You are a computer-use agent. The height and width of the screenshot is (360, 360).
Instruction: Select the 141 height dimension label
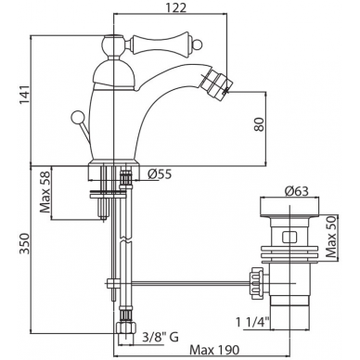tap(25, 95)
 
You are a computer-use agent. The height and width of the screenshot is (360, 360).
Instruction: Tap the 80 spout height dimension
tap(259, 124)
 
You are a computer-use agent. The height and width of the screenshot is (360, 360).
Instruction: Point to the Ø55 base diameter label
tap(160, 174)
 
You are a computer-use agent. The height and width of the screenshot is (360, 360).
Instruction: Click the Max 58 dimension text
tap(45, 192)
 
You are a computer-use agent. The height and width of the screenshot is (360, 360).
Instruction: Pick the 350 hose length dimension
tap(25, 243)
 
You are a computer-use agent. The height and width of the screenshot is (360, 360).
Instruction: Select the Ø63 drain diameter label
tap(296, 191)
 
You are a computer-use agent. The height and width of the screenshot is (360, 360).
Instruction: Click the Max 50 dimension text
tap(331, 238)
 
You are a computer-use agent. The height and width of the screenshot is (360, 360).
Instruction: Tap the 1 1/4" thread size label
tap(253, 323)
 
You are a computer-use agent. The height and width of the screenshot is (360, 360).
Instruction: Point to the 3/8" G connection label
tap(161, 337)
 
